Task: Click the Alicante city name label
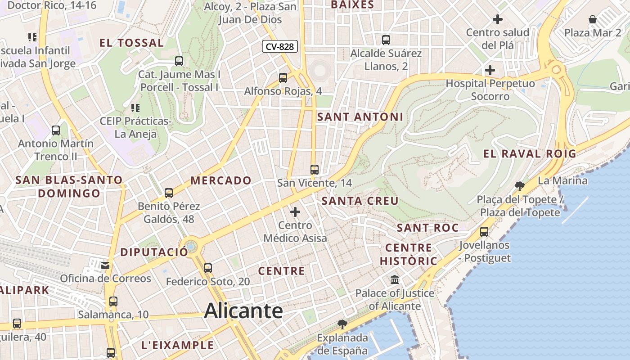tap(243, 311)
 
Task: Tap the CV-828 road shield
tap(280, 46)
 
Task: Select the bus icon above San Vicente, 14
tap(315, 170)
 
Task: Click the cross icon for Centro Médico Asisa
tap(295, 211)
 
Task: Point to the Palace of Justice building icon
tap(395, 280)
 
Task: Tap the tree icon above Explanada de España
tap(342, 324)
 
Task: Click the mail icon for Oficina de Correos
tap(105, 265)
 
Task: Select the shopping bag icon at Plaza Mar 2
tap(593, 19)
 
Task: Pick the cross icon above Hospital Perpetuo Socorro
tap(490, 70)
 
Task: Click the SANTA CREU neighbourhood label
tap(360, 201)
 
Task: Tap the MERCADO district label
tap(221, 180)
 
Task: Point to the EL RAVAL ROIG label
tap(530, 153)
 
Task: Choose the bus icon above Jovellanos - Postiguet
tap(484, 232)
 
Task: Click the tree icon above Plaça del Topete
tap(519, 186)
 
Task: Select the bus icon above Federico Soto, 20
tap(208, 268)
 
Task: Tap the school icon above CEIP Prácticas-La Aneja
tap(135, 108)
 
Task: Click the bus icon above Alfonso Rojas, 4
tap(283, 78)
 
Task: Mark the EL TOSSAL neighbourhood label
tap(131, 43)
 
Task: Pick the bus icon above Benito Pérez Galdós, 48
tap(169, 193)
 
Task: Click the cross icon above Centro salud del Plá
tap(498, 19)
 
